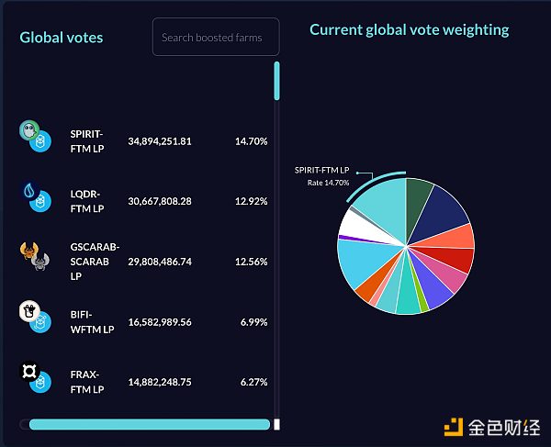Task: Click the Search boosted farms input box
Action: [x=215, y=38]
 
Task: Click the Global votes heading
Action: [x=62, y=38]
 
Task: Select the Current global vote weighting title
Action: [x=409, y=30]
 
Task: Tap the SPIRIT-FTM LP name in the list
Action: [x=86, y=140]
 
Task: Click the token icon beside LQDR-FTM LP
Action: [x=36, y=197]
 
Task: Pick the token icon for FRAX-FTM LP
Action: [x=35, y=378]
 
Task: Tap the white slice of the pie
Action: [x=356, y=223]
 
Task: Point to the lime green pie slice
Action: [x=421, y=299]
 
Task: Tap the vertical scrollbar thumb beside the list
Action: [x=276, y=81]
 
